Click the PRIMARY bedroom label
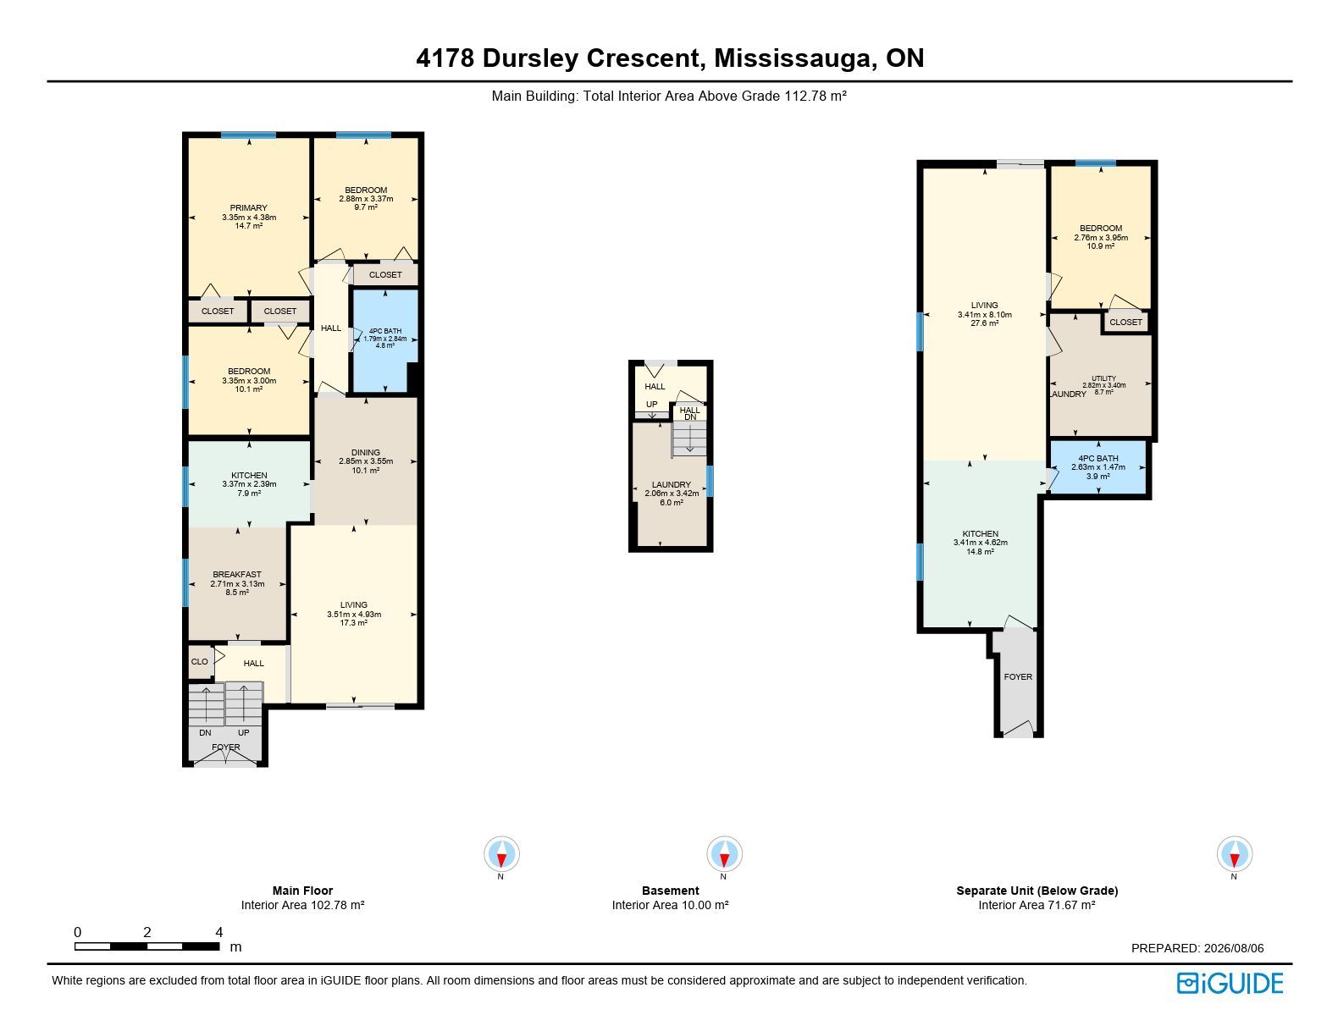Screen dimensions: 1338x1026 [x=248, y=208]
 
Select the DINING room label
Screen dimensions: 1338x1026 [x=366, y=452]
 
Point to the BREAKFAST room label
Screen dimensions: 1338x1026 [x=237, y=574]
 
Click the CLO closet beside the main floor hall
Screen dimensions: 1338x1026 [x=200, y=662]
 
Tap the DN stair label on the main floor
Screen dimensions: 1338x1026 [x=205, y=733]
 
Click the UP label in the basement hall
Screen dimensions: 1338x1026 [x=651, y=405]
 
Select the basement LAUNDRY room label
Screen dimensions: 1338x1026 [x=672, y=485]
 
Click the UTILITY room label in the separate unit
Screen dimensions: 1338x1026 [x=1103, y=378]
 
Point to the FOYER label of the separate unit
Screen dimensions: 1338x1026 [x=1018, y=677]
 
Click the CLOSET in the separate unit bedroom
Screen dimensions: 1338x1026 [x=1125, y=322]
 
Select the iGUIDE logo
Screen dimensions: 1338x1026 [x=1230, y=983]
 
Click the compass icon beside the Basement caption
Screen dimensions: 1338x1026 [x=724, y=853]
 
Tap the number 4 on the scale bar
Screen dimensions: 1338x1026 [x=218, y=932]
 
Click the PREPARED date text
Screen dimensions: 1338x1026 [x=1197, y=948]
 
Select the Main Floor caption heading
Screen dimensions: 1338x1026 [x=302, y=891]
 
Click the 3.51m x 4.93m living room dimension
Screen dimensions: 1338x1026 [x=354, y=615]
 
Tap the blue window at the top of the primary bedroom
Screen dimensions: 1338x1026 [x=248, y=135]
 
